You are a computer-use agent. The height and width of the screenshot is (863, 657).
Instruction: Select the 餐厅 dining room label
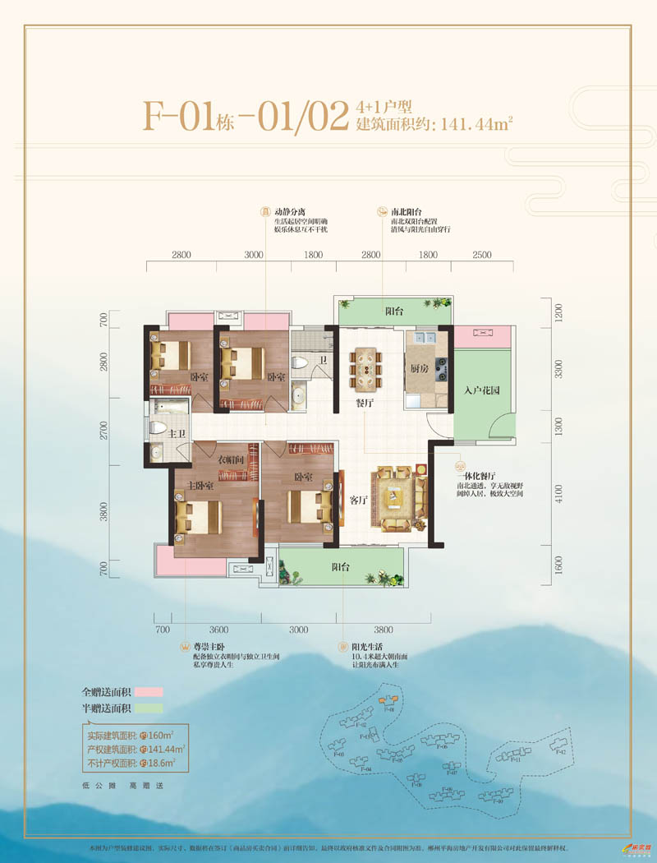[x=364, y=403]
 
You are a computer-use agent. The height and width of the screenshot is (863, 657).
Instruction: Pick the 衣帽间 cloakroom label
[x=232, y=460]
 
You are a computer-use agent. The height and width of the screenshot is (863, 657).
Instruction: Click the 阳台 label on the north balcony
[x=394, y=312]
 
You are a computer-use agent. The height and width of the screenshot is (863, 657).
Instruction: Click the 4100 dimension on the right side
[x=558, y=493]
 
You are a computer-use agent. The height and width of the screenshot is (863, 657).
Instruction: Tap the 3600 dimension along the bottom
[x=218, y=630]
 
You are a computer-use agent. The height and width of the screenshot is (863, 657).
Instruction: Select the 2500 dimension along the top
[x=482, y=256]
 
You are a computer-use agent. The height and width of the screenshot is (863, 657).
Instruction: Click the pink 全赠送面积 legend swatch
[x=150, y=691]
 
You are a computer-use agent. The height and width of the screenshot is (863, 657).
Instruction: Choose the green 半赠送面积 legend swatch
[x=150, y=707]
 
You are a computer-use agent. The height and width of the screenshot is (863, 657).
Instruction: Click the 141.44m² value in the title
[x=477, y=126]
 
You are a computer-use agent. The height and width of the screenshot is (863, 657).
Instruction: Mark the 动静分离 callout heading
[x=289, y=211]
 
